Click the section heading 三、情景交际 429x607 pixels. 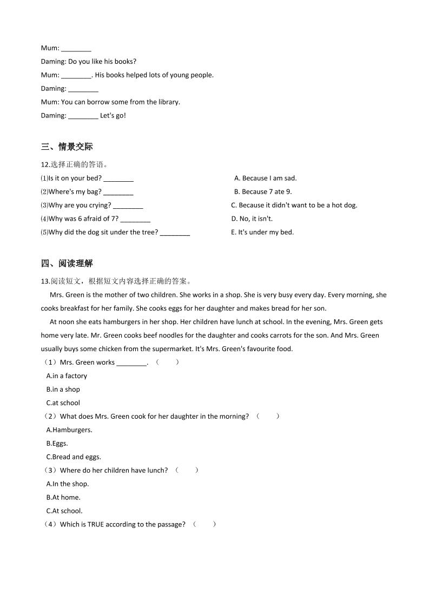pyautogui.click(x=67, y=147)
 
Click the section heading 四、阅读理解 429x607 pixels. pyautogui.click(x=67, y=263)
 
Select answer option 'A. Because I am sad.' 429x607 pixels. pyautogui.click(x=265, y=178)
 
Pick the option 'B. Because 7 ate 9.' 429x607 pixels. pyautogui.click(x=263, y=192)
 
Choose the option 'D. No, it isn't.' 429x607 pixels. pyautogui.click(x=252, y=219)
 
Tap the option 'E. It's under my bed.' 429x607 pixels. pyautogui.click(x=262, y=232)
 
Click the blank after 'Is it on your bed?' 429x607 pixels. pyautogui.click(x=118, y=179)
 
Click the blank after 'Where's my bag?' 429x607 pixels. pyautogui.click(x=118, y=192)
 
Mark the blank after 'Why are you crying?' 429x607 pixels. pyautogui.click(x=128, y=206)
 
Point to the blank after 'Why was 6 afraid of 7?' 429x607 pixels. pyautogui.click(x=135, y=219)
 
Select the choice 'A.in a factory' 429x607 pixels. pyautogui.click(x=67, y=376)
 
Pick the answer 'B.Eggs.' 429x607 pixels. pyautogui.click(x=57, y=444)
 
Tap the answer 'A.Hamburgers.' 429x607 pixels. pyautogui.click(x=69, y=430)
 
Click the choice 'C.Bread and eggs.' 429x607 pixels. pyautogui.click(x=74, y=457)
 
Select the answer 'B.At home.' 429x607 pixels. pyautogui.click(x=63, y=498)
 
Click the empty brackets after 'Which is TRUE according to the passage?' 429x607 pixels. pyautogui.click(x=204, y=524)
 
